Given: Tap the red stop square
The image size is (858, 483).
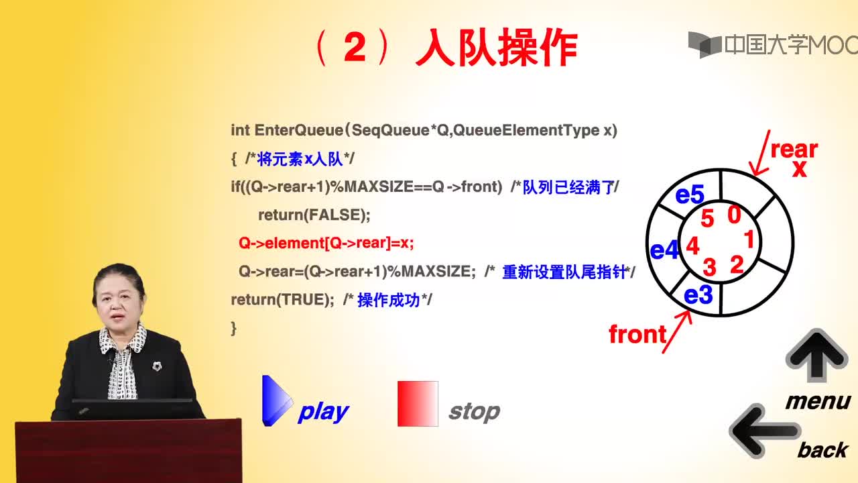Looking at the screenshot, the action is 418,404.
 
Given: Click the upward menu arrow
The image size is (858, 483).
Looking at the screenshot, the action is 816,356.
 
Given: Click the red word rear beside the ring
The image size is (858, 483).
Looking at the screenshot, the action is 794,149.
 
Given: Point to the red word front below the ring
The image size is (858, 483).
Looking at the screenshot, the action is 637,334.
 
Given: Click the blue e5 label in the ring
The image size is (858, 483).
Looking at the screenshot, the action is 690,194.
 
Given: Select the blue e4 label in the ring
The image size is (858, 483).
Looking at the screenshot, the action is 664,251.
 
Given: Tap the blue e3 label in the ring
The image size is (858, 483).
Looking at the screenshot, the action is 698,294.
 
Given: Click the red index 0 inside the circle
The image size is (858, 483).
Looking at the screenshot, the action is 734,215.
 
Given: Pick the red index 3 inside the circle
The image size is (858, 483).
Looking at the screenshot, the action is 709,267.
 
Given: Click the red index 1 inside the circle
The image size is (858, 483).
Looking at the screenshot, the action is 749,239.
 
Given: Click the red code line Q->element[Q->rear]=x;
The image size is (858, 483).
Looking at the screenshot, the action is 326,243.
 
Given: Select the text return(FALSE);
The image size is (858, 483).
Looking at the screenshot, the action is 314,215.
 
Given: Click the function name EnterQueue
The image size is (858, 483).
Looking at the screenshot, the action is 299,130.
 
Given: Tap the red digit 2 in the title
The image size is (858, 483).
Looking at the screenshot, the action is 355,47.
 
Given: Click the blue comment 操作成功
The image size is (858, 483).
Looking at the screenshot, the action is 389,300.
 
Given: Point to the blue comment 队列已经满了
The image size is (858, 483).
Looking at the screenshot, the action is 569,187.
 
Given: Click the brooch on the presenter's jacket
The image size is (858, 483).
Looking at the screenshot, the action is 157,366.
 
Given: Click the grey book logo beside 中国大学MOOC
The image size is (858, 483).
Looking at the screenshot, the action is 704,45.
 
